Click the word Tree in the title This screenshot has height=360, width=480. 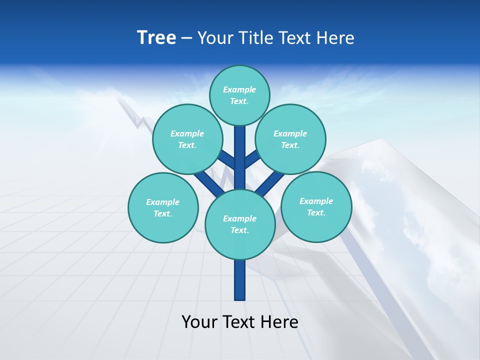tap(156, 38)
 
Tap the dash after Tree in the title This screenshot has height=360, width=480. tap(186, 38)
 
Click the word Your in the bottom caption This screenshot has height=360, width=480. tap(199, 322)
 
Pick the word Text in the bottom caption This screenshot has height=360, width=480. tap(240, 322)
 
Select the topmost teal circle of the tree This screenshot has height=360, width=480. tap(239, 95)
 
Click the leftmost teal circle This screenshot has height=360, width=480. tap(163, 208)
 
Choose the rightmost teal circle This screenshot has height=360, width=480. tap(316, 207)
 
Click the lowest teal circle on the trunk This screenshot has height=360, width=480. tap(240, 224)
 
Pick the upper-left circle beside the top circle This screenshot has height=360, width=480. tap(187, 139)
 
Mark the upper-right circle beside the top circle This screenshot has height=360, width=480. tap(290, 139)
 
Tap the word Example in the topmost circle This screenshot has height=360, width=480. tap(239, 90)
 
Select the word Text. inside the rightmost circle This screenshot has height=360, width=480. tap(316, 213)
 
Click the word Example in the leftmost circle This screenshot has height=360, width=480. tap(163, 202)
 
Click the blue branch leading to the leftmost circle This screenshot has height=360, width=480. tap(207, 182)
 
